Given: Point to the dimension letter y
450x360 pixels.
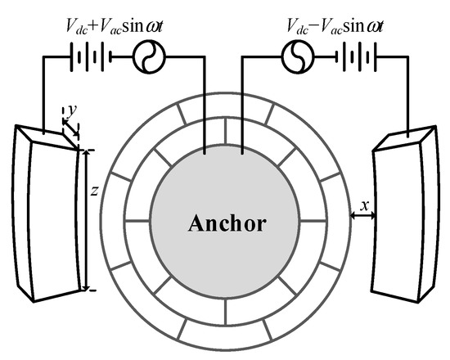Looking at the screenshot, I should (x=71, y=107).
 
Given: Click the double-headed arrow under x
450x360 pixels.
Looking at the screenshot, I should (x=362, y=214).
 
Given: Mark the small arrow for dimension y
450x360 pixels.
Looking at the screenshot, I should (x=73, y=128).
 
